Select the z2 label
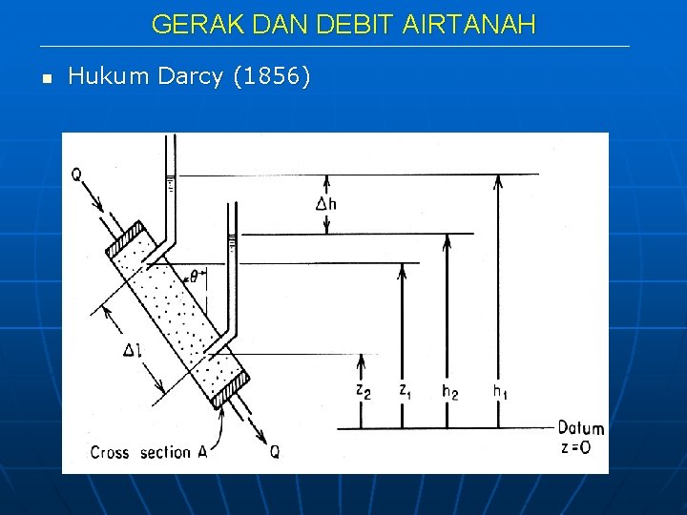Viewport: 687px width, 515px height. click(364, 390)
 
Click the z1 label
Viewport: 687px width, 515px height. click(406, 390)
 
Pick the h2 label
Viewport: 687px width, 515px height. click(449, 390)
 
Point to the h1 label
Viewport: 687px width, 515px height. click(500, 390)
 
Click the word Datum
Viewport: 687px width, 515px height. click(580, 428)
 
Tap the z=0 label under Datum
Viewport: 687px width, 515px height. click(580, 446)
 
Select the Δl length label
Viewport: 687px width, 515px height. click(133, 350)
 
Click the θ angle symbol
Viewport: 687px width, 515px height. click(194, 277)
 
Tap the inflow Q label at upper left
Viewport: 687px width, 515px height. click(76, 175)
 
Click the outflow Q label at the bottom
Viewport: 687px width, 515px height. click(275, 452)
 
